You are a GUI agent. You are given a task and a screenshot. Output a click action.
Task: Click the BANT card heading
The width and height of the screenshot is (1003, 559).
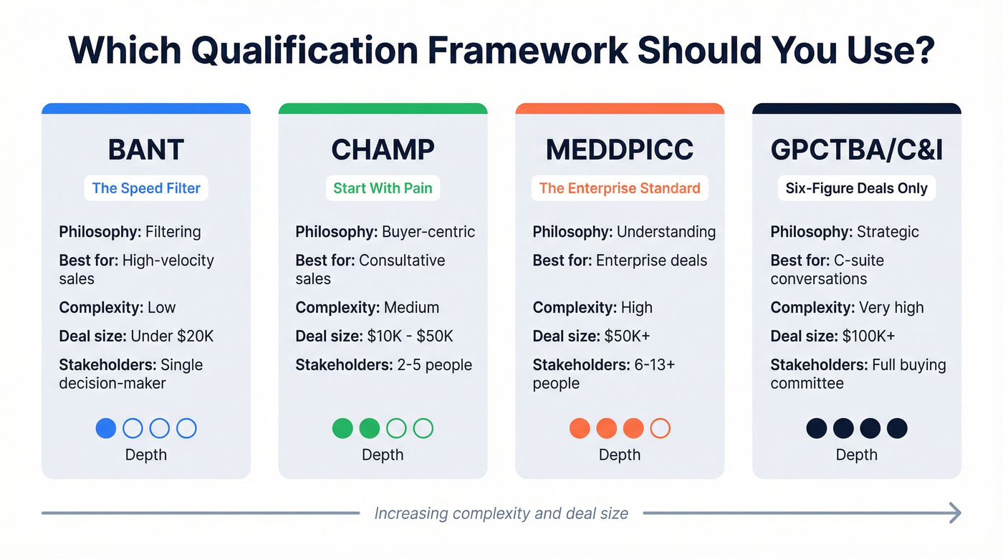pyautogui.click(x=146, y=150)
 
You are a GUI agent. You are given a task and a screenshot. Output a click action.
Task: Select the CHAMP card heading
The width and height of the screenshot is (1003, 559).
pyautogui.click(x=383, y=150)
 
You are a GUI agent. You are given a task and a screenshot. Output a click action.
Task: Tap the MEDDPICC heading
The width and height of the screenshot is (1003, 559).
pyautogui.click(x=620, y=150)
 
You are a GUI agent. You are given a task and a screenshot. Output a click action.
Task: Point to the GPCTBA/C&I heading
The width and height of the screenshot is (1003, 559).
pyautogui.click(x=857, y=150)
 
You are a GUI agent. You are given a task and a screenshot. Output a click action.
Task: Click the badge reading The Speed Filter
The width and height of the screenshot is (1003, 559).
pyautogui.click(x=146, y=188)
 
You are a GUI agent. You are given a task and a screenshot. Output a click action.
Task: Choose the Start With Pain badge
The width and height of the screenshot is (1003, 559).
pyautogui.click(x=383, y=188)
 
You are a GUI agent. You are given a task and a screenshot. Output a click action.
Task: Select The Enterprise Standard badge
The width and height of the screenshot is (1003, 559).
pyautogui.click(x=620, y=188)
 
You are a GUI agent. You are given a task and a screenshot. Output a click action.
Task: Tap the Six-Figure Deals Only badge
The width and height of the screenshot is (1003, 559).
pyautogui.click(x=857, y=188)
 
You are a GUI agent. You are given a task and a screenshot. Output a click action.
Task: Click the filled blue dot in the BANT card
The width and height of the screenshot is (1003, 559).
pyautogui.click(x=106, y=428)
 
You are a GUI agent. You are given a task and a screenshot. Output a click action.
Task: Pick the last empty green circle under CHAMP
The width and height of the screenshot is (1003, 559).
pyautogui.click(x=423, y=428)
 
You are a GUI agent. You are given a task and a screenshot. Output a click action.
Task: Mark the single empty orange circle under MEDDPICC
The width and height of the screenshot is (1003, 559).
pyautogui.click(x=660, y=428)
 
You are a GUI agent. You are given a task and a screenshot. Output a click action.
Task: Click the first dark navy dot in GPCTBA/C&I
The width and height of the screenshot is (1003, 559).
pyautogui.click(x=817, y=428)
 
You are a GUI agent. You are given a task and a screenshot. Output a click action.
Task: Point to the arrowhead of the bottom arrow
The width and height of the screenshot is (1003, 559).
pyautogui.click(x=954, y=512)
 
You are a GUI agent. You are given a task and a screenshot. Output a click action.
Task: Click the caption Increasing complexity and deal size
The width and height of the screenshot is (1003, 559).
pyautogui.click(x=501, y=513)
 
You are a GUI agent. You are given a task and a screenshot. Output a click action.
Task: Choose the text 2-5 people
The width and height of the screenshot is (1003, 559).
pyautogui.click(x=434, y=364)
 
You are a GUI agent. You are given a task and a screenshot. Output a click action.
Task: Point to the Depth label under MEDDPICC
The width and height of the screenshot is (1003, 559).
pyautogui.click(x=620, y=455)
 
